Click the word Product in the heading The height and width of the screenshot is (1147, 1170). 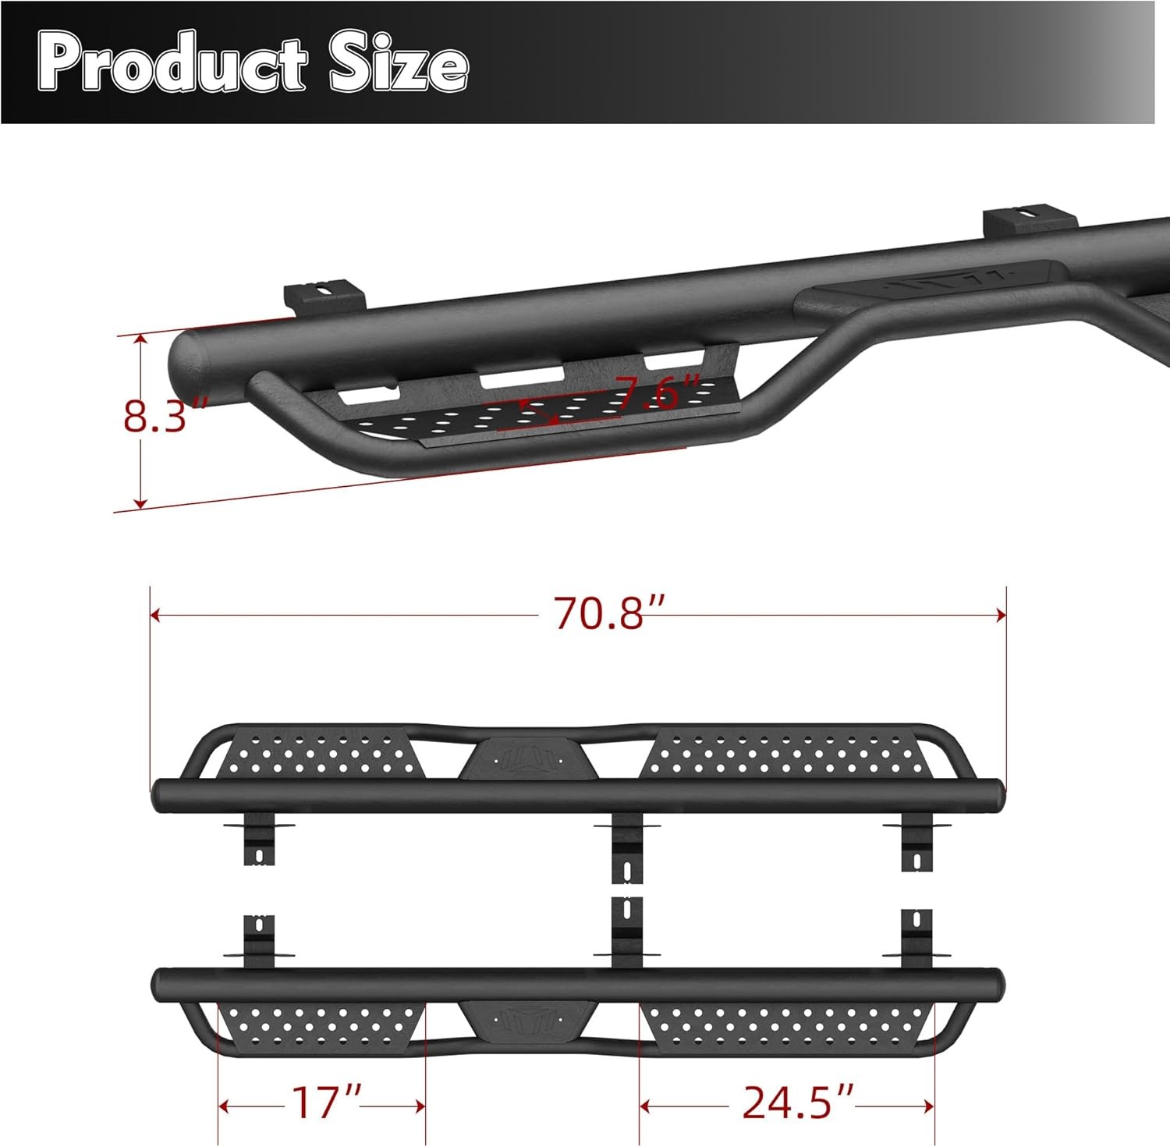tap(172, 64)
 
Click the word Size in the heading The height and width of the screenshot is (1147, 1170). tap(398, 64)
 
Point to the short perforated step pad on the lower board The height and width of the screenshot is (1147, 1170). tap(321, 1024)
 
